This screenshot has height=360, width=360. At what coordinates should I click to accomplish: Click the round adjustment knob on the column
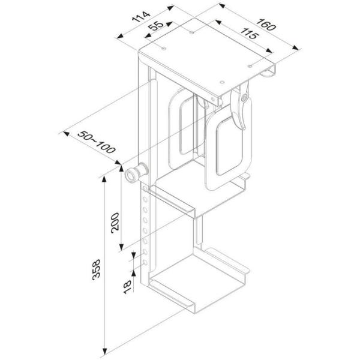click(x=133, y=175)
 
